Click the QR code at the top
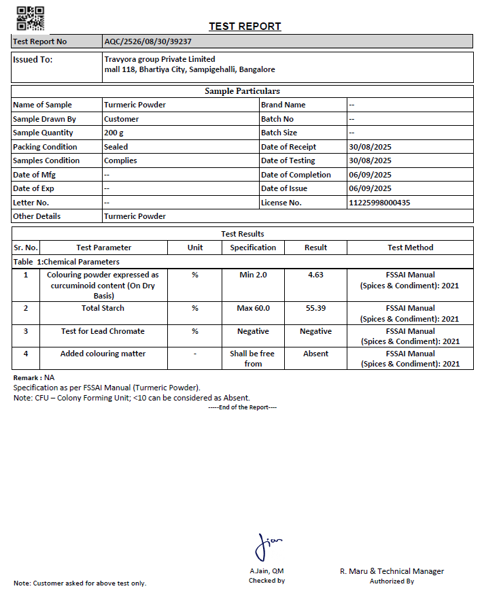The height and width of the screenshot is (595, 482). tap(30, 18)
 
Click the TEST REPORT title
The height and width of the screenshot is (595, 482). tap(245, 27)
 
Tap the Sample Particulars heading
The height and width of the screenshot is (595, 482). tap(242, 91)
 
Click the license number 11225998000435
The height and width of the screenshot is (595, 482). tap(379, 203)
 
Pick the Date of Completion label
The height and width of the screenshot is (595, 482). tap(296, 175)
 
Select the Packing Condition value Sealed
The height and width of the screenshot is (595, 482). tap(116, 147)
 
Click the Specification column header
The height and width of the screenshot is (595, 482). tap(253, 248)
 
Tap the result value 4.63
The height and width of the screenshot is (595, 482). tap(315, 275)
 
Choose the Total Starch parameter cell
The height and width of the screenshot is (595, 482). tap(103, 308)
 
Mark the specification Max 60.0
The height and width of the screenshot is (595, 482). tap(253, 308)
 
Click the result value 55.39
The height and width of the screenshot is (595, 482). tap(315, 308)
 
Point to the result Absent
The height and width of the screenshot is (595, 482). tap(315, 354)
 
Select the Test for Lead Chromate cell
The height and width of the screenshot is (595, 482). tap(103, 331)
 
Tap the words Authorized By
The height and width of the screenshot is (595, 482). tap(392, 581)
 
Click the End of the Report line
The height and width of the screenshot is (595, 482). tap(242, 407)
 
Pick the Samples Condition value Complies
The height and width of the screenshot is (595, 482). tap(120, 160)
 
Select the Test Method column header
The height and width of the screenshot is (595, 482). tap(410, 248)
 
